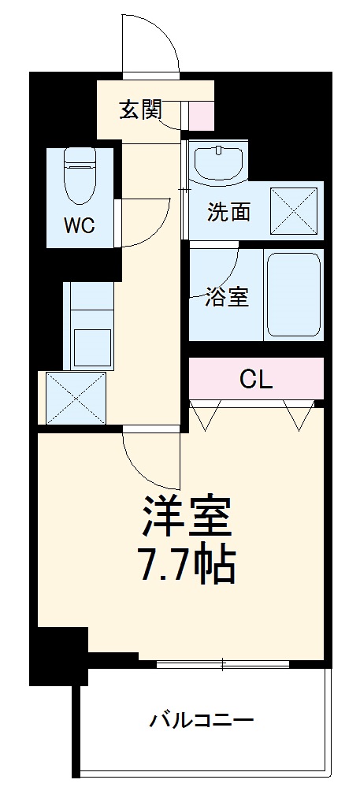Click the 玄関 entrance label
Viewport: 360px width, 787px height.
click(139, 110)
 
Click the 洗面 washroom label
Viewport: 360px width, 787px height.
click(229, 212)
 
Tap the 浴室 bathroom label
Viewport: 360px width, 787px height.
click(228, 298)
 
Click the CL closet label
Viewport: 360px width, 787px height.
click(255, 379)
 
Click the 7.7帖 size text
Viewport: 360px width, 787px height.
click(187, 566)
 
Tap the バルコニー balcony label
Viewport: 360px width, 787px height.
click(202, 719)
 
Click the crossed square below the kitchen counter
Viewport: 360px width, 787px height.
click(75, 397)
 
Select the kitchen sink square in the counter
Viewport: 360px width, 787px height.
click(92, 344)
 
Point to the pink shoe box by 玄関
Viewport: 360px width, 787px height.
click(201, 116)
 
